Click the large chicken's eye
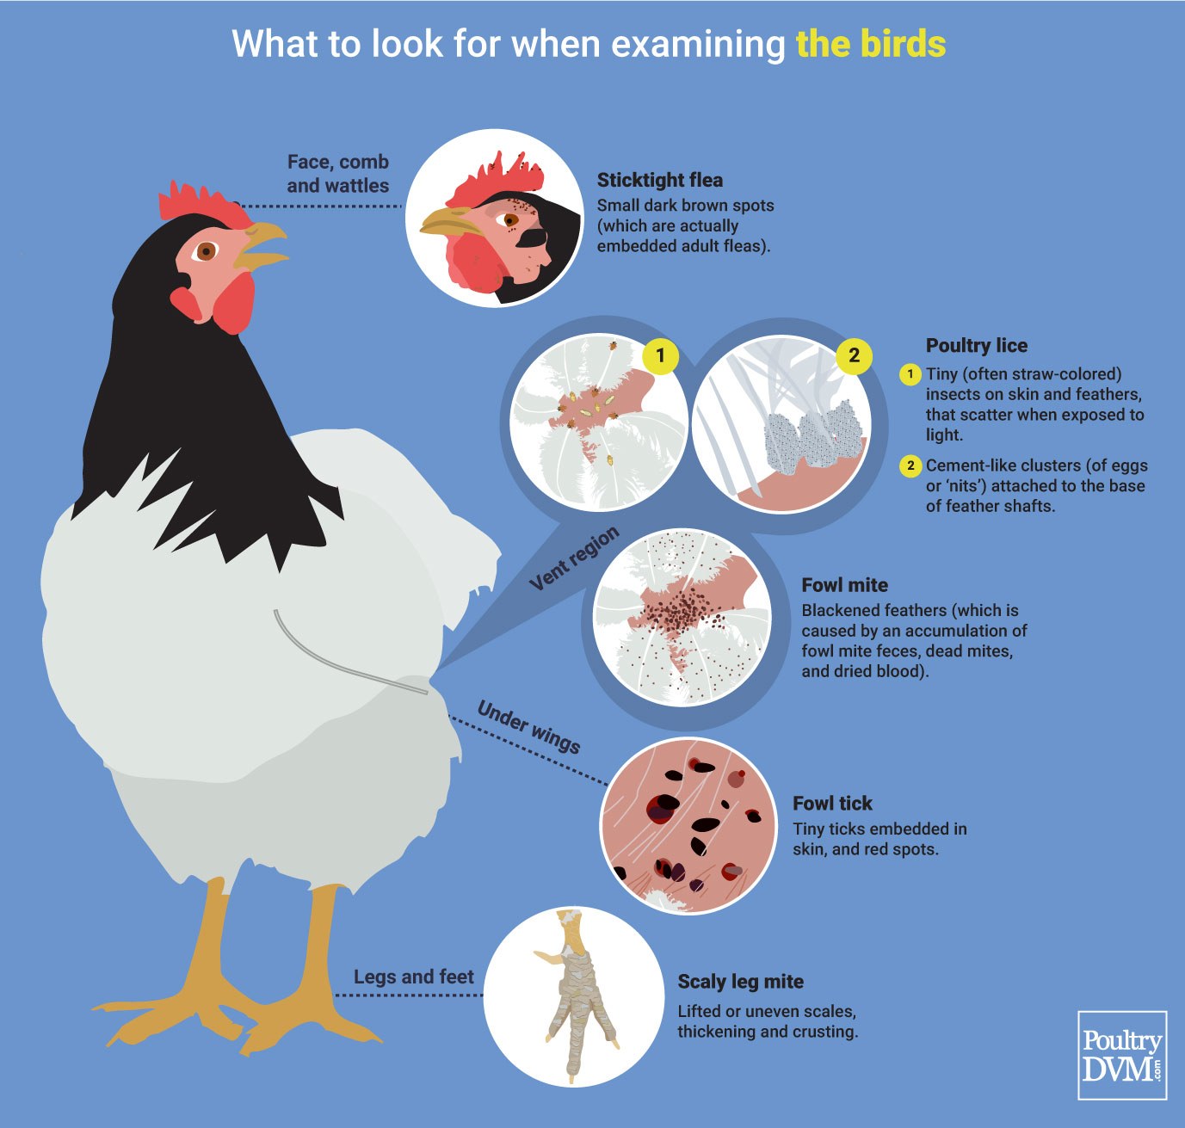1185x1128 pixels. (x=206, y=251)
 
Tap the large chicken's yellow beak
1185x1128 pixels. (x=262, y=244)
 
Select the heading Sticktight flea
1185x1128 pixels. (x=659, y=180)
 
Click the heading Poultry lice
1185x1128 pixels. (x=976, y=345)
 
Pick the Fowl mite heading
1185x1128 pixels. (x=844, y=585)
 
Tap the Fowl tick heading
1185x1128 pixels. (x=832, y=804)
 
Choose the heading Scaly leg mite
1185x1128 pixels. (x=740, y=982)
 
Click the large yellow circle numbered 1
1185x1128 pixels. (x=660, y=354)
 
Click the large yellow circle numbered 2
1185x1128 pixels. (x=854, y=354)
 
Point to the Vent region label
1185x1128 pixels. (x=573, y=559)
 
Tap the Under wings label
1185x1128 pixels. (x=528, y=727)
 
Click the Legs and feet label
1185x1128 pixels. (x=413, y=977)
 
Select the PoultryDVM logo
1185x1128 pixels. (x=1122, y=1055)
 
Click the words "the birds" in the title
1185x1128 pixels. (x=870, y=44)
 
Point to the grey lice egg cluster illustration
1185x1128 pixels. (x=813, y=438)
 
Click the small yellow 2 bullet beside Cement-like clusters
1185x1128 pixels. (x=910, y=465)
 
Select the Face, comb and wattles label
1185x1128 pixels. (x=337, y=173)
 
